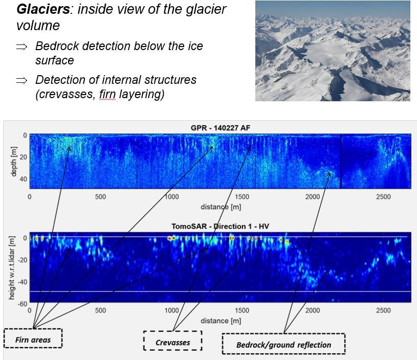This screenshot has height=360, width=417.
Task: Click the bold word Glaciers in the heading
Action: pos(43,9)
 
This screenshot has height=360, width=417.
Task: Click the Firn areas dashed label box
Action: pos(33,338)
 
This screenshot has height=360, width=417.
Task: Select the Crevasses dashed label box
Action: pos(172,341)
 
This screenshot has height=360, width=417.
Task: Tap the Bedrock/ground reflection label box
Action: pos(284,344)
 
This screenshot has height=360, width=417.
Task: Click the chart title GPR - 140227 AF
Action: pos(221,128)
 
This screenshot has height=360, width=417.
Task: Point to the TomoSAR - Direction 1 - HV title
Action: pos(221,226)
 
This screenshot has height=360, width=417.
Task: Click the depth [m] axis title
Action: pos(13,161)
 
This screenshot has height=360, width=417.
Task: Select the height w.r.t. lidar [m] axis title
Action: pos(11,268)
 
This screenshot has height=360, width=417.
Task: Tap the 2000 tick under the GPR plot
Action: pos(313,197)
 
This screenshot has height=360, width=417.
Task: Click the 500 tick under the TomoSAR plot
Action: pos(100,310)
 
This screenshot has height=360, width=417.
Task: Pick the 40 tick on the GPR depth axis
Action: pos(24,179)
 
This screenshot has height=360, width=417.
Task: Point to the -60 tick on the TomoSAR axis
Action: pos(23,303)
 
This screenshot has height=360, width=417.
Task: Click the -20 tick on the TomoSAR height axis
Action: pos(23,260)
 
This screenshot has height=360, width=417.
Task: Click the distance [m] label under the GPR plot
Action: pos(221,207)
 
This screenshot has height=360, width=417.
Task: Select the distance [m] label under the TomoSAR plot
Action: pos(221,321)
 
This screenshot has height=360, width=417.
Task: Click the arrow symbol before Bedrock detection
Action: pos(21,47)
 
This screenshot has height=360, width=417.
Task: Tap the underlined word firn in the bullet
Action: pos(107,94)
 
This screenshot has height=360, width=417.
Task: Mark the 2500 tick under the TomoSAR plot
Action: pos(383,310)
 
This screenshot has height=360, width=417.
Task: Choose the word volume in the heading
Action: pos(38,26)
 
